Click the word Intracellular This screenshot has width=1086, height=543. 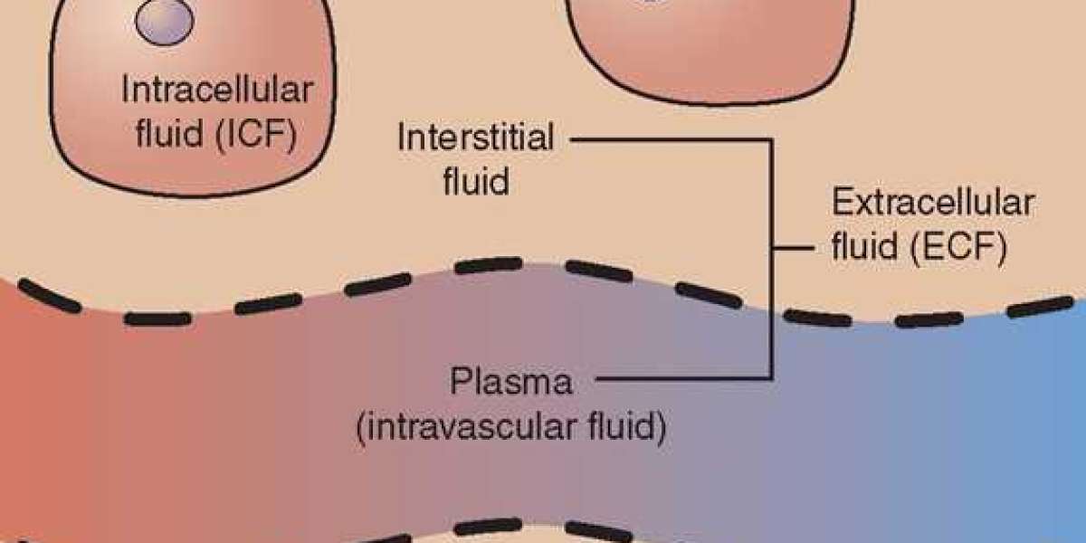coord(217,90)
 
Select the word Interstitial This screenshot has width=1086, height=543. coord(476,139)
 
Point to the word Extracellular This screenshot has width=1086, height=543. coord(932,204)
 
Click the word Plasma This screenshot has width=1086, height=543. coord(512,382)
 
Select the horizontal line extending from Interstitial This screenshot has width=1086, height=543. coord(670,139)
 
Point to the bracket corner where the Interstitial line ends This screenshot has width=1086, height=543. coord(772,139)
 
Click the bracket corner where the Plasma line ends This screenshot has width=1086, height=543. coord(772,377)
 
